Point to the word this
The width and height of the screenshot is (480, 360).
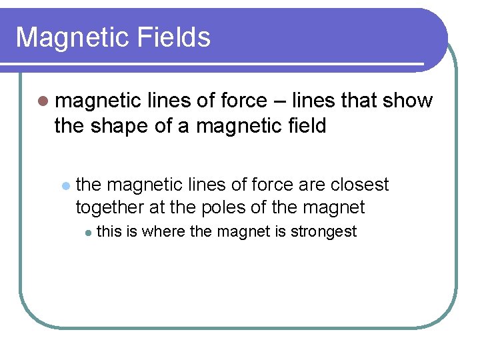110,231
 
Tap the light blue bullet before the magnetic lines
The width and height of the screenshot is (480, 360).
65,185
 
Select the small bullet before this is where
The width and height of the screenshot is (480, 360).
87,232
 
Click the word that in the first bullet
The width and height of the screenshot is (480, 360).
358,101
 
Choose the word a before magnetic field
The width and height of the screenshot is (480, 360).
183,125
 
